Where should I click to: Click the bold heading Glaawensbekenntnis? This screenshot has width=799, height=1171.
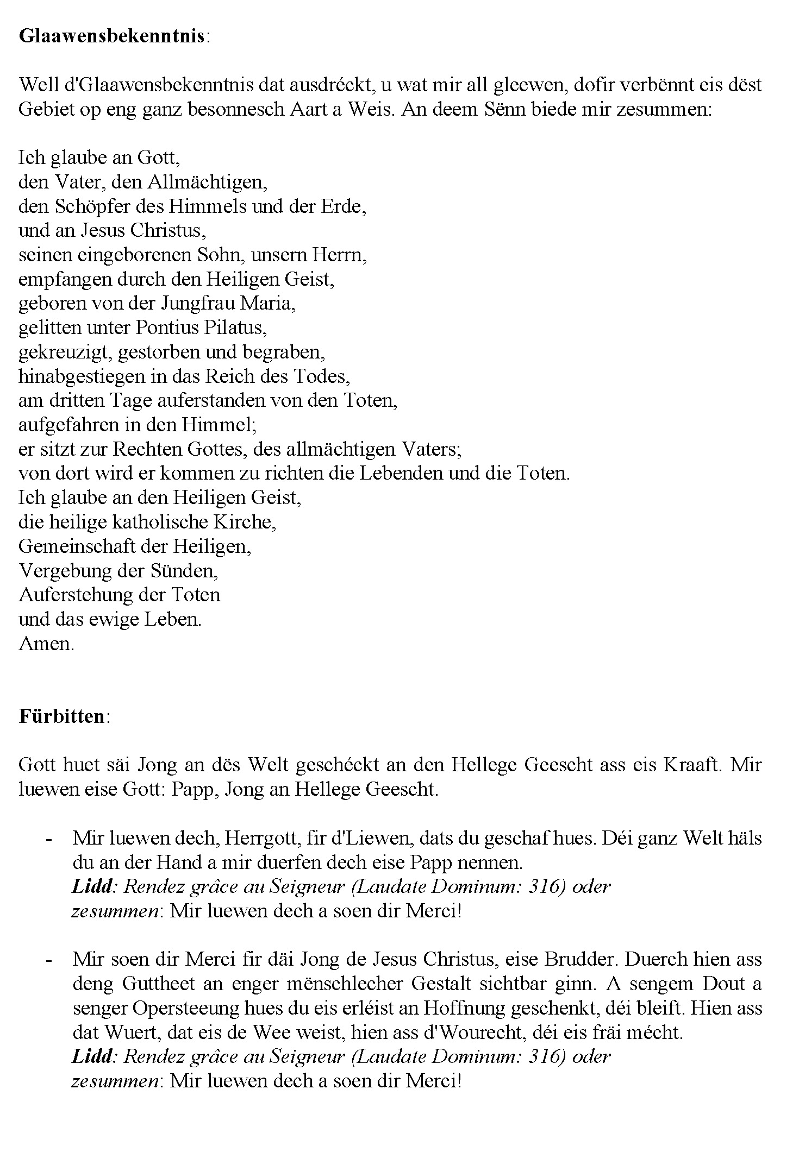pos(112,36)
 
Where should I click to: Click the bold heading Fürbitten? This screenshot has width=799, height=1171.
pos(62,716)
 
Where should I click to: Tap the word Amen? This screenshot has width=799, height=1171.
pos(46,644)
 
